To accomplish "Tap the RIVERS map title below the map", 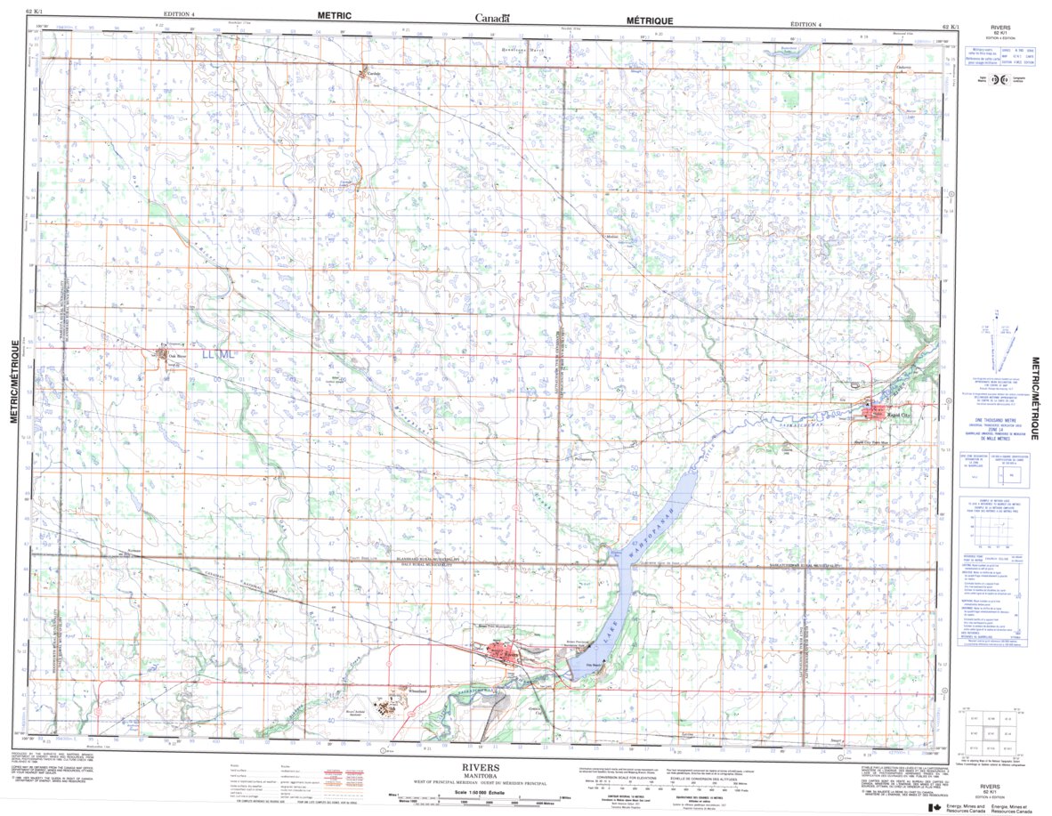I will coord(481,767).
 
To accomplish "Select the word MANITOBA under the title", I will coord(481,775).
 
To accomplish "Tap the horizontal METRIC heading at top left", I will coord(335,15).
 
